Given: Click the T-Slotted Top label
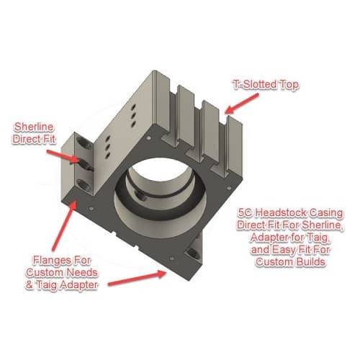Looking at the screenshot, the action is [x=266, y=85].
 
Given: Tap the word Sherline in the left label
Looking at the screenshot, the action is [x=34, y=127].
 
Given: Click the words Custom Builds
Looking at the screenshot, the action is [x=290, y=262].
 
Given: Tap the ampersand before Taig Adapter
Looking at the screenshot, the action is [x=30, y=285].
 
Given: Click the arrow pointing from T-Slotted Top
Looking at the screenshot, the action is [x=242, y=103].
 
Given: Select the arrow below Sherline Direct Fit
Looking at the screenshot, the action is [x=63, y=156].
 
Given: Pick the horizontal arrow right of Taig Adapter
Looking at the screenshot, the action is [x=137, y=278].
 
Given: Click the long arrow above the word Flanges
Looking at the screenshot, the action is [x=64, y=226].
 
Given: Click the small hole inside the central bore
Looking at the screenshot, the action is [x=141, y=197].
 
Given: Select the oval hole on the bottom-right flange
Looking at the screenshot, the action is [x=193, y=253].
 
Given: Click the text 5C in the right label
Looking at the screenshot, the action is [x=245, y=212].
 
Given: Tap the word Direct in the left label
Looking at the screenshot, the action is [x=26, y=139].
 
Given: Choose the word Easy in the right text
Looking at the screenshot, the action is [x=284, y=250].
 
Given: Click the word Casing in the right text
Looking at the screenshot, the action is [x=326, y=213].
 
